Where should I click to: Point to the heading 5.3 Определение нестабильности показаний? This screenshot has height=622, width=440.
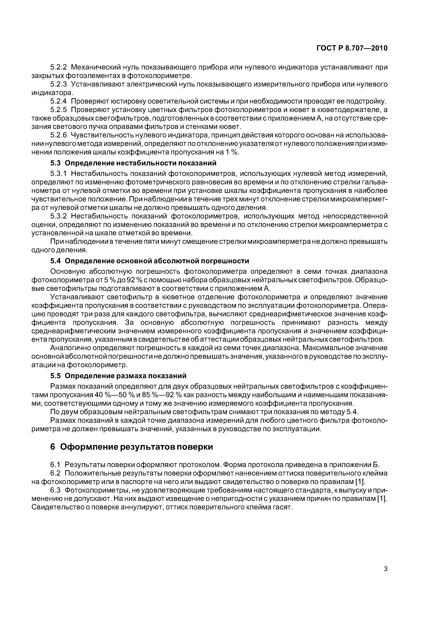(x=133, y=163)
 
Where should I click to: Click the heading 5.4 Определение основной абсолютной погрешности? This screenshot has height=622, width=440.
(x=149, y=261)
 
